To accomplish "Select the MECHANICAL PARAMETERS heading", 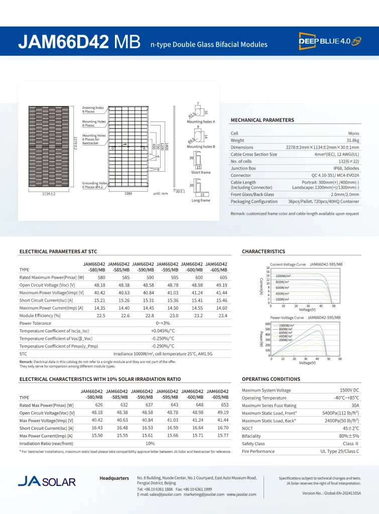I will tap(262, 120).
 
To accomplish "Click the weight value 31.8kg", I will tap(350, 141).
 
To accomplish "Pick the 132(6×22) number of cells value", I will tap(346, 162).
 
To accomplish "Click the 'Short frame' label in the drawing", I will tap(201, 172).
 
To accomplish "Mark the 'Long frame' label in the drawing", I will tap(201, 200).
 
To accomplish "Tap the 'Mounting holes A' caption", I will tap(201, 122).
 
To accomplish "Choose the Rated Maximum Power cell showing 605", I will tap(223, 278).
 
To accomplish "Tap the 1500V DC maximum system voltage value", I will tap(349, 390).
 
